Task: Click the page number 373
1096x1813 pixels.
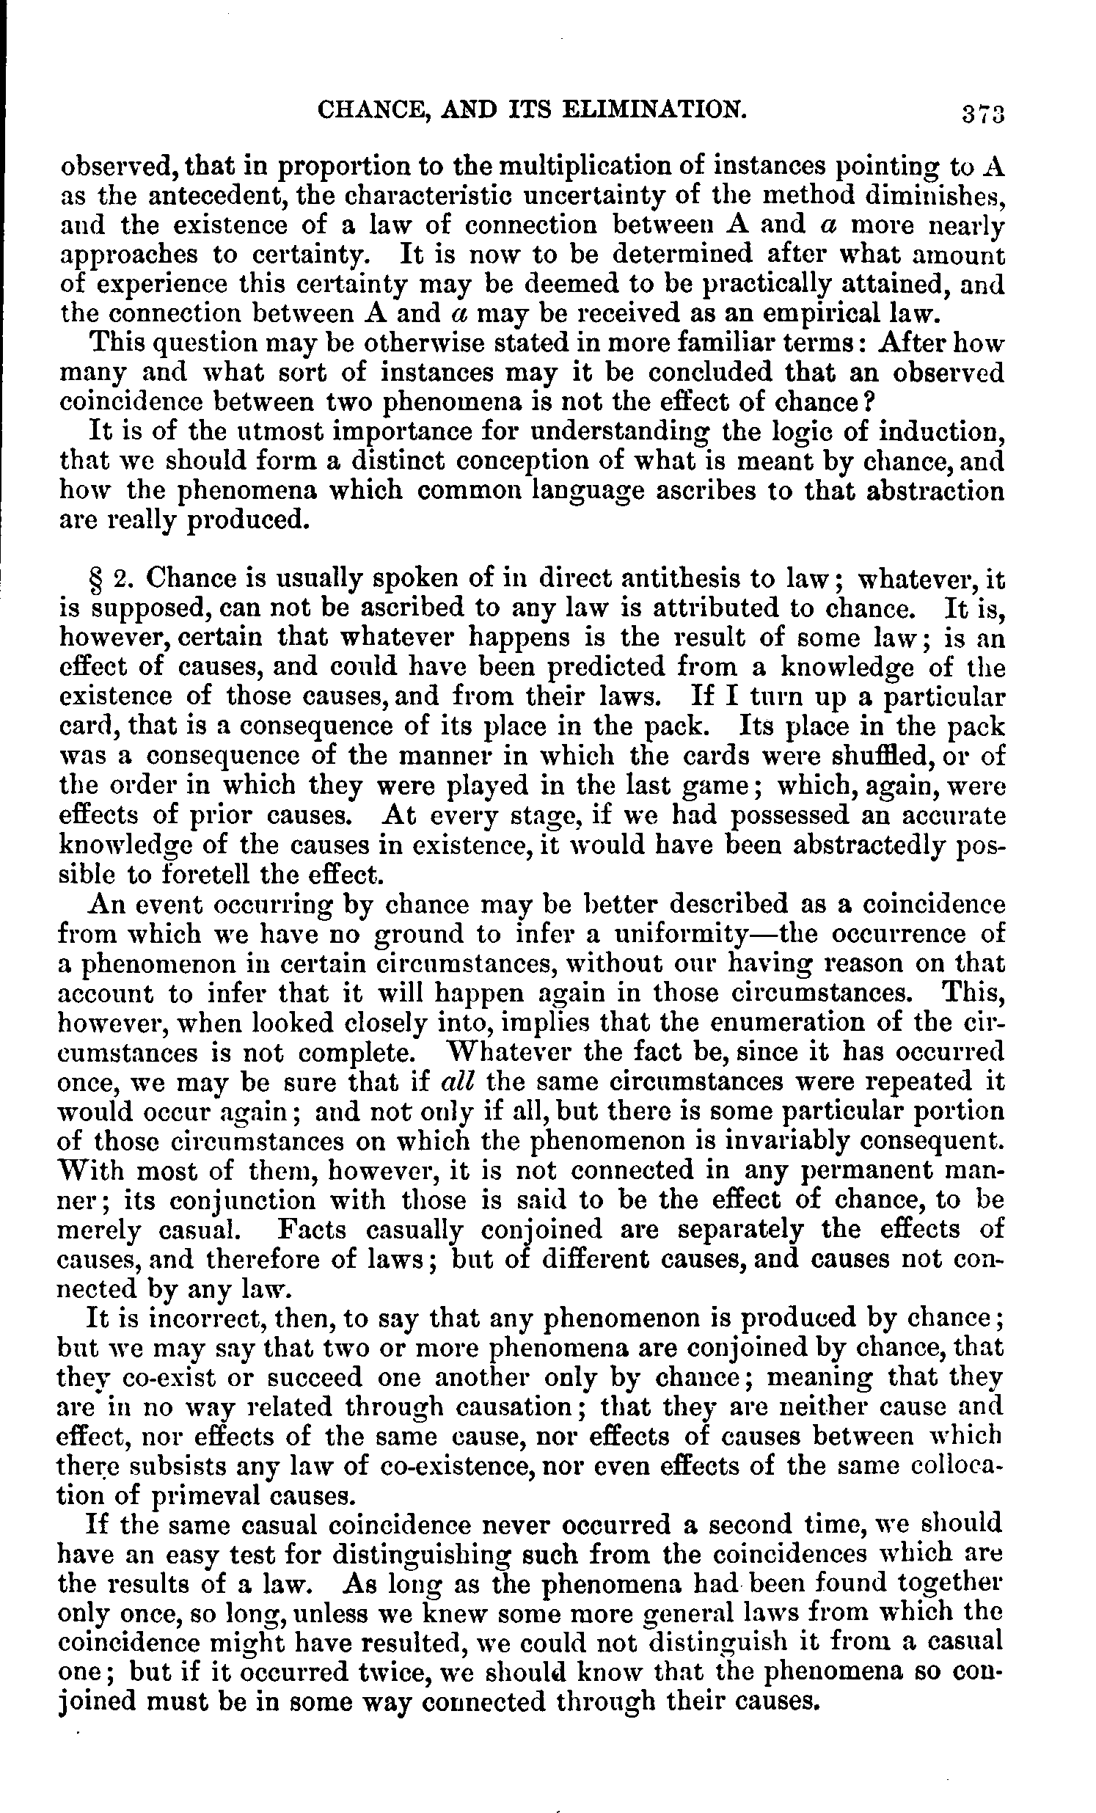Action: point(982,114)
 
